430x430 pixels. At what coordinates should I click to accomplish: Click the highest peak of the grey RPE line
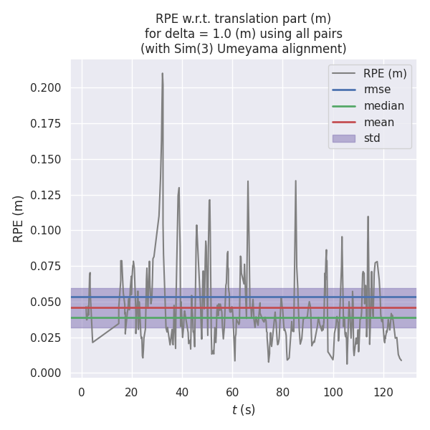tap(163, 73)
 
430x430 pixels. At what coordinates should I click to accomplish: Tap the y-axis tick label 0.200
tap(46, 88)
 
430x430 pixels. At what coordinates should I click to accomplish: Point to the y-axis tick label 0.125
tap(46, 195)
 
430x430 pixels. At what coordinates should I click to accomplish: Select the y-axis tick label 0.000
tap(46, 373)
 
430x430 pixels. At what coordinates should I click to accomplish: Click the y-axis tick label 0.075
tap(46, 267)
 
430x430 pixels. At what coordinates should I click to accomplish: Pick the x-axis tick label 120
tap(383, 391)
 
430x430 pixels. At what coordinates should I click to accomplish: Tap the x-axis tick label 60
tap(232, 391)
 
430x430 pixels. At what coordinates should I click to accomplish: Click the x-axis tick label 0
tap(82, 391)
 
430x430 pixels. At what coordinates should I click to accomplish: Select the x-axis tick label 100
tap(333, 391)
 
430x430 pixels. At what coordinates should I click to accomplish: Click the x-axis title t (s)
tap(243, 410)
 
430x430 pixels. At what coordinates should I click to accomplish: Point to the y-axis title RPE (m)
tap(19, 219)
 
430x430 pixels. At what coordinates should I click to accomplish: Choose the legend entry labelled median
tap(383, 106)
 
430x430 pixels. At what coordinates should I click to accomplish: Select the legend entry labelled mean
tap(379, 123)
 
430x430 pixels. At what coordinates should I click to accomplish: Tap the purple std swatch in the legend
tap(344, 138)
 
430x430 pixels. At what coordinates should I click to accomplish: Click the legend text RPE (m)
tap(385, 73)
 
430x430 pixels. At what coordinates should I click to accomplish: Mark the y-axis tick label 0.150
tap(46, 159)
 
